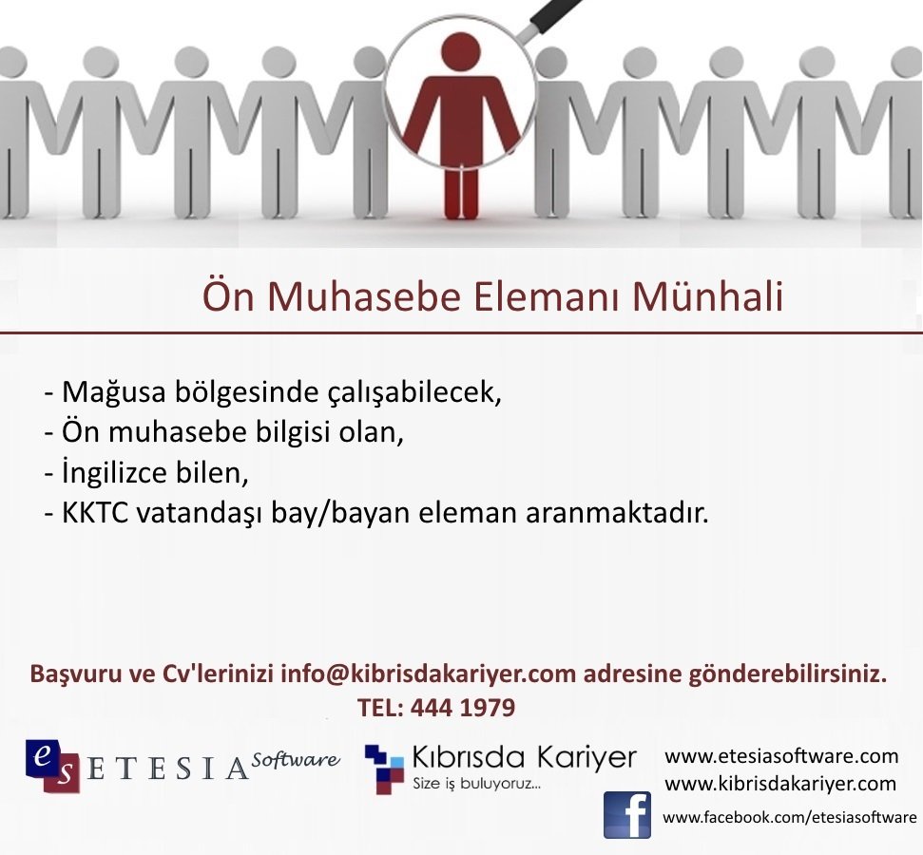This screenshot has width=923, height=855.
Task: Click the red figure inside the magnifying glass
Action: click(x=461, y=123)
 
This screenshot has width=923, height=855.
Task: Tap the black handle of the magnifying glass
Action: click(x=555, y=16)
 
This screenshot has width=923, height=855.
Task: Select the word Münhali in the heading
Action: click(x=707, y=296)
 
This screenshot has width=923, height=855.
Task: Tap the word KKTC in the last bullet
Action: click(x=95, y=513)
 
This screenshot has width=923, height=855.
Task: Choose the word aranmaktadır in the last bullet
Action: click(x=617, y=513)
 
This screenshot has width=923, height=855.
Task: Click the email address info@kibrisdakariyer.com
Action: click(x=428, y=674)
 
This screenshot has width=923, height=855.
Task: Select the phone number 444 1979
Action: click(x=463, y=708)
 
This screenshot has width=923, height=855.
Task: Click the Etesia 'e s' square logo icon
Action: click(x=51, y=765)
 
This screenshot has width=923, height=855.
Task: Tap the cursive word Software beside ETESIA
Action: click(x=296, y=759)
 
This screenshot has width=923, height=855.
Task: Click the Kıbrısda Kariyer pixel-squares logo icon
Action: click(x=384, y=769)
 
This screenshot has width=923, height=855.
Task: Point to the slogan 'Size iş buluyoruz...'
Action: click(x=476, y=784)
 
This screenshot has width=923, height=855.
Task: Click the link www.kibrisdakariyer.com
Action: click(x=780, y=783)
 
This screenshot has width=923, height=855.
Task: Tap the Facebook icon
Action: click(x=627, y=815)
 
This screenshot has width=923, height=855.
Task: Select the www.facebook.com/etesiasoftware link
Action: click(x=789, y=817)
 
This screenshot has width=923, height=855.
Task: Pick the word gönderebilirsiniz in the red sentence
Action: click(x=788, y=674)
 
